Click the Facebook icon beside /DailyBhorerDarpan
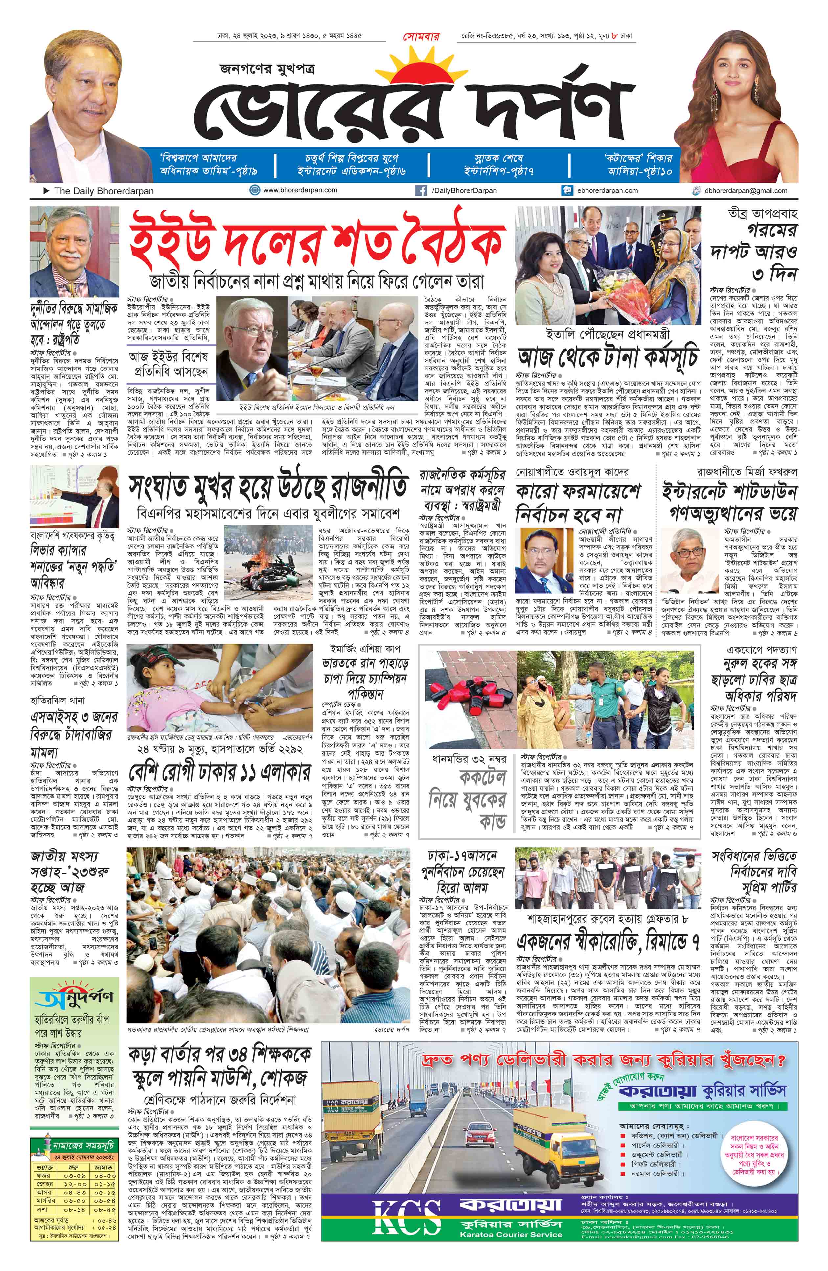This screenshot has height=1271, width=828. point(421,190)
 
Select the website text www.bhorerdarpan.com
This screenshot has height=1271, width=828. point(300,190)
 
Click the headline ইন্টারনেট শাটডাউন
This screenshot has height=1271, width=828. point(729,491)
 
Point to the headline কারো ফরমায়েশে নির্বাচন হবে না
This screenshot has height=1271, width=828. point(577,502)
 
